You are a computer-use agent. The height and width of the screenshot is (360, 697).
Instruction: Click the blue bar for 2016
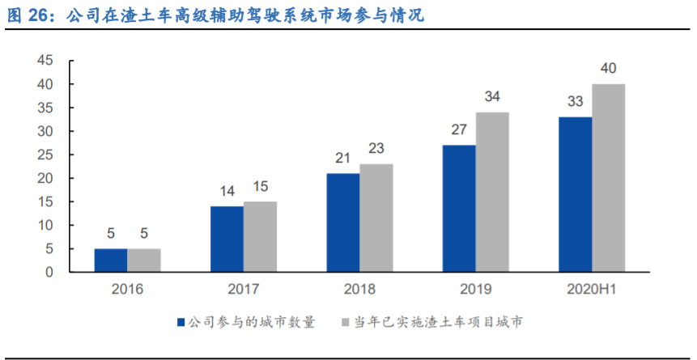pyautogui.click(x=110, y=260)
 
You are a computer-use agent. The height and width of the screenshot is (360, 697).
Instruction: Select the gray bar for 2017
pyautogui.click(x=260, y=237)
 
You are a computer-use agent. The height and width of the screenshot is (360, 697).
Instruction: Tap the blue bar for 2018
pyautogui.click(x=342, y=222)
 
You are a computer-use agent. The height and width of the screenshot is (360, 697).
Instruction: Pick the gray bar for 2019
pyautogui.click(x=492, y=193)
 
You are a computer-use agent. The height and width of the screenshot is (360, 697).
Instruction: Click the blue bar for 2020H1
pyautogui.click(x=575, y=194)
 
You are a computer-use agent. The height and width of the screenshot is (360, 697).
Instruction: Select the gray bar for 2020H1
pyautogui.click(x=608, y=178)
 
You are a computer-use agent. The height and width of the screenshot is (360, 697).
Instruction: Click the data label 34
pyautogui.click(x=492, y=96)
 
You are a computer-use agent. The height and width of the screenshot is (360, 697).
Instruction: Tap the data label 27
pyautogui.click(x=458, y=129)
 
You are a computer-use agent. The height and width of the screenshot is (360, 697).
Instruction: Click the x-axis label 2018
pyautogui.click(x=359, y=289)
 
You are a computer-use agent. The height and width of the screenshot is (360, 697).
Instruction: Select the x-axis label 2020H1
pyautogui.click(x=591, y=289)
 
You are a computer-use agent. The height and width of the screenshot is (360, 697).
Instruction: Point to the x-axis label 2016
pyautogui.click(x=127, y=289)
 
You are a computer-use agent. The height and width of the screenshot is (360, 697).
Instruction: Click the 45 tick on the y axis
pyautogui.click(x=45, y=61)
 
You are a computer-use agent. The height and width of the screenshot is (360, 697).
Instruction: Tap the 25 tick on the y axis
pyautogui.click(x=45, y=155)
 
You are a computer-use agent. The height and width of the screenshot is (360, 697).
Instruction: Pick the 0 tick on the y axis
pyautogui.click(x=49, y=273)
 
